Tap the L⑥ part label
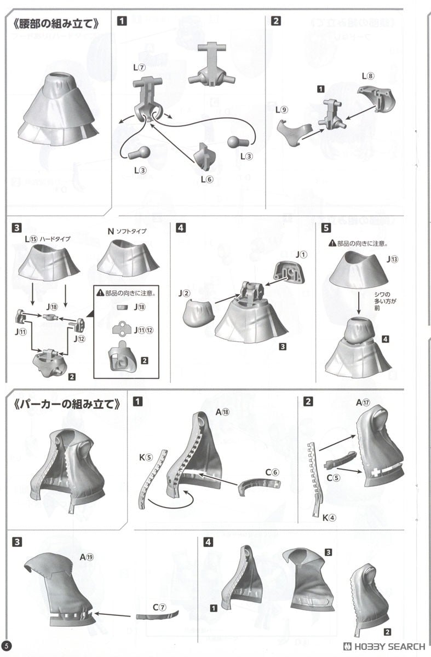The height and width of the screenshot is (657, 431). click(x=206, y=179)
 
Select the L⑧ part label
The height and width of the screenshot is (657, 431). click(x=367, y=75)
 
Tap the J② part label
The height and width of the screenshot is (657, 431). click(x=183, y=294)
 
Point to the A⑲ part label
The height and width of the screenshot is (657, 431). click(x=87, y=557)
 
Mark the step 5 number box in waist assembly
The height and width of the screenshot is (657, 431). click(x=326, y=228)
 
